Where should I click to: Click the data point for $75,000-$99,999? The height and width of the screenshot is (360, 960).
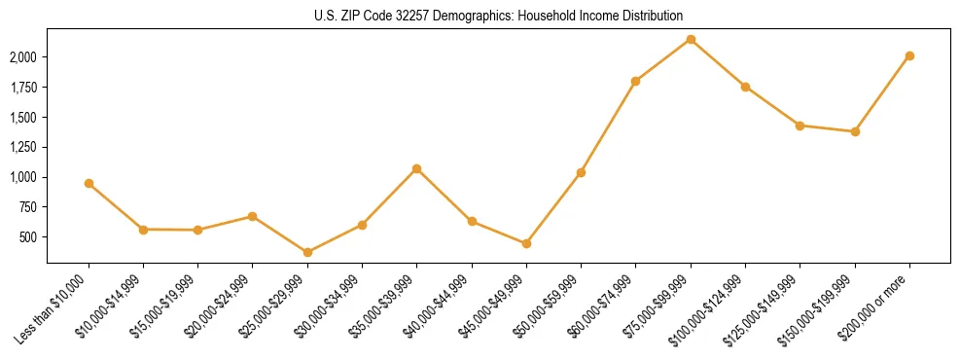click(x=691, y=40)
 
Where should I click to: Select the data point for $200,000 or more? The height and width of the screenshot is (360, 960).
click(x=909, y=55)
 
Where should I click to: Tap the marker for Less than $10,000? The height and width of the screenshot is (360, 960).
click(x=89, y=183)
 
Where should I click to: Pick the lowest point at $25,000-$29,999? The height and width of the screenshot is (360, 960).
click(x=307, y=252)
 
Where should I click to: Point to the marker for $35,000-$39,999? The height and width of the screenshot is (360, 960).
click(x=416, y=168)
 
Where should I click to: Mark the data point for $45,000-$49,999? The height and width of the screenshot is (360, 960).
click(x=526, y=243)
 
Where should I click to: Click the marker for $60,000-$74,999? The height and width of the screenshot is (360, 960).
click(x=635, y=81)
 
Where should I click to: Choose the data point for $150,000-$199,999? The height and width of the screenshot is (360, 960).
click(x=855, y=131)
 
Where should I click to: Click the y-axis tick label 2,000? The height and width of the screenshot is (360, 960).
click(x=23, y=57)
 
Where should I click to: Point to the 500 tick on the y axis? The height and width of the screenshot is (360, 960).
click(x=28, y=237)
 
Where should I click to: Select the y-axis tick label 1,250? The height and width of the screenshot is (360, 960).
click(x=23, y=147)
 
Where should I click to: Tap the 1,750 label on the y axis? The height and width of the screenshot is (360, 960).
click(x=23, y=88)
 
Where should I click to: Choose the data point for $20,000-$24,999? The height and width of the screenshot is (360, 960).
click(x=253, y=216)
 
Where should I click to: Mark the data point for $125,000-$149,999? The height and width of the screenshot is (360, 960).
click(x=800, y=126)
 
